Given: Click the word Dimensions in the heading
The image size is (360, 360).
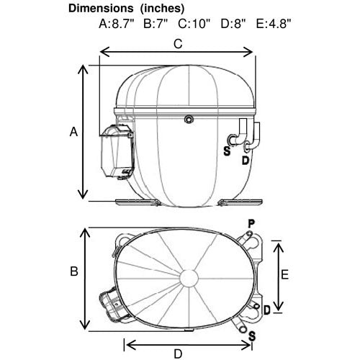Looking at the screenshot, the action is [101, 9].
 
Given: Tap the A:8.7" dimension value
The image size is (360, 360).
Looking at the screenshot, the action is [117, 24].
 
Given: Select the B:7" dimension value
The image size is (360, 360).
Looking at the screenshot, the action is [156, 24].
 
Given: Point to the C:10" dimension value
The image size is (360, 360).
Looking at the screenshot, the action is [194, 24].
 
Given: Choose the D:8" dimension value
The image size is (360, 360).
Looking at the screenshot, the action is [233, 24].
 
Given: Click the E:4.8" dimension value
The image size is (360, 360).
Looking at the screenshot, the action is [274, 24].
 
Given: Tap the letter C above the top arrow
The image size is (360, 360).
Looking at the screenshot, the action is [178, 44].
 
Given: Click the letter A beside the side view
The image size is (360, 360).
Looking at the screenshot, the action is [73, 132].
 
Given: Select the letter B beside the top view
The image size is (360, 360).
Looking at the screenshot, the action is [74, 271].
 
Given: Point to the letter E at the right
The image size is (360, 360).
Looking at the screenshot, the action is [284, 274].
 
